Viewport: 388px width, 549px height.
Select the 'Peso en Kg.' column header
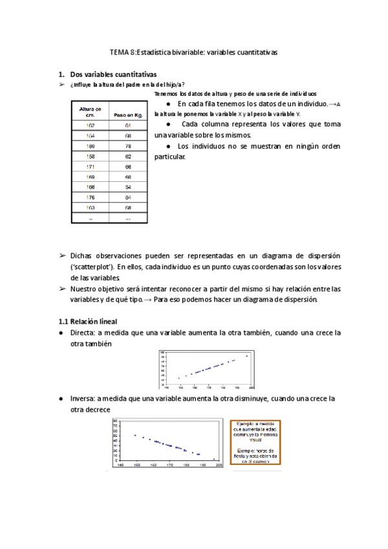coord(128,115)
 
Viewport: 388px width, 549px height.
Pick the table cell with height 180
coord(90,146)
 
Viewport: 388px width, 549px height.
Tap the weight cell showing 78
coord(128,146)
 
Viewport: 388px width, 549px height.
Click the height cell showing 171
coord(90,166)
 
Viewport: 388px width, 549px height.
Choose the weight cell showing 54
coord(128,187)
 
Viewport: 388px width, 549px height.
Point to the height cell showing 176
coord(90,197)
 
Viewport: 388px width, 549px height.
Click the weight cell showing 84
coord(128,197)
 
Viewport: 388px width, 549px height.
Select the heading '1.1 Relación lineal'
coord(89,321)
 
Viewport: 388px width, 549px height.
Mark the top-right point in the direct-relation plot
coord(246,355)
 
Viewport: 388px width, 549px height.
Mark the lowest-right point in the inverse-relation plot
coord(213,459)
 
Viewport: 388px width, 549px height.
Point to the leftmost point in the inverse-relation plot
coord(135,435)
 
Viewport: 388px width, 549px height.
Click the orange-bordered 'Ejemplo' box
coord(256,442)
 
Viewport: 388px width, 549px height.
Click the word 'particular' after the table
coord(169,157)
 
